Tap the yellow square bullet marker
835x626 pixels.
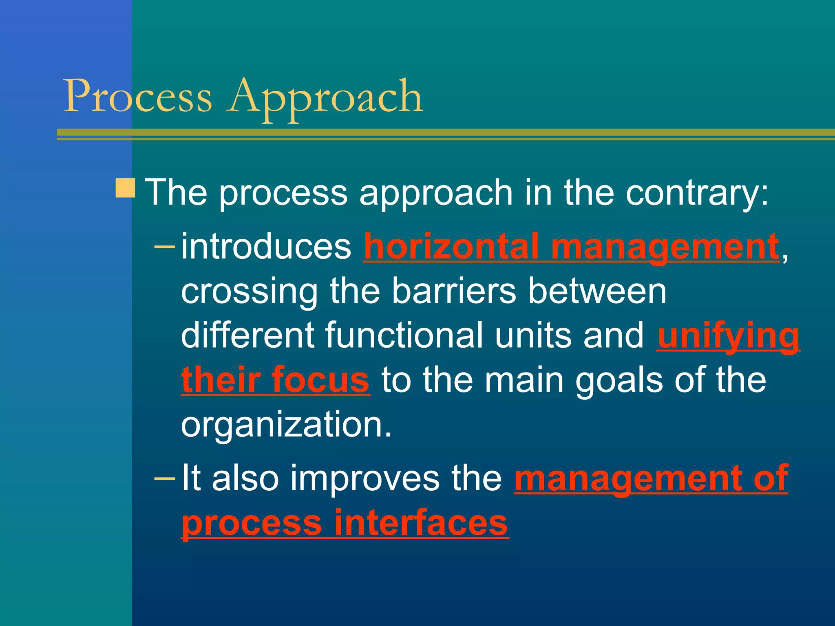tap(125, 188)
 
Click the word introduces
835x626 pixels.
tap(266, 246)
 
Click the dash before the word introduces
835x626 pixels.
tap(165, 246)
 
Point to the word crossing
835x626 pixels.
tap(249, 292)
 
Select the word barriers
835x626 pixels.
tap(454, 291)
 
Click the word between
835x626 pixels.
tap(597, 291)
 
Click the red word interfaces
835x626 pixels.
tap(421, 523)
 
